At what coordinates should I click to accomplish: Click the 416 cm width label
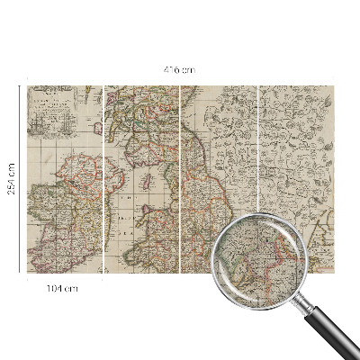pyautogui.click(x=180, y=69)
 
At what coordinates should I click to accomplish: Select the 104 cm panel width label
pyautogui.click(x=63, y=288)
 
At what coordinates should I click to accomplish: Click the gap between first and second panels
pyautogui.click(x=103, y=180)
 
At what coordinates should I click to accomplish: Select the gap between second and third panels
pyautogui.click(x=181, y=180)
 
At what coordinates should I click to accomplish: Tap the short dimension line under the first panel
pyautogui.click(x=63, y=278)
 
